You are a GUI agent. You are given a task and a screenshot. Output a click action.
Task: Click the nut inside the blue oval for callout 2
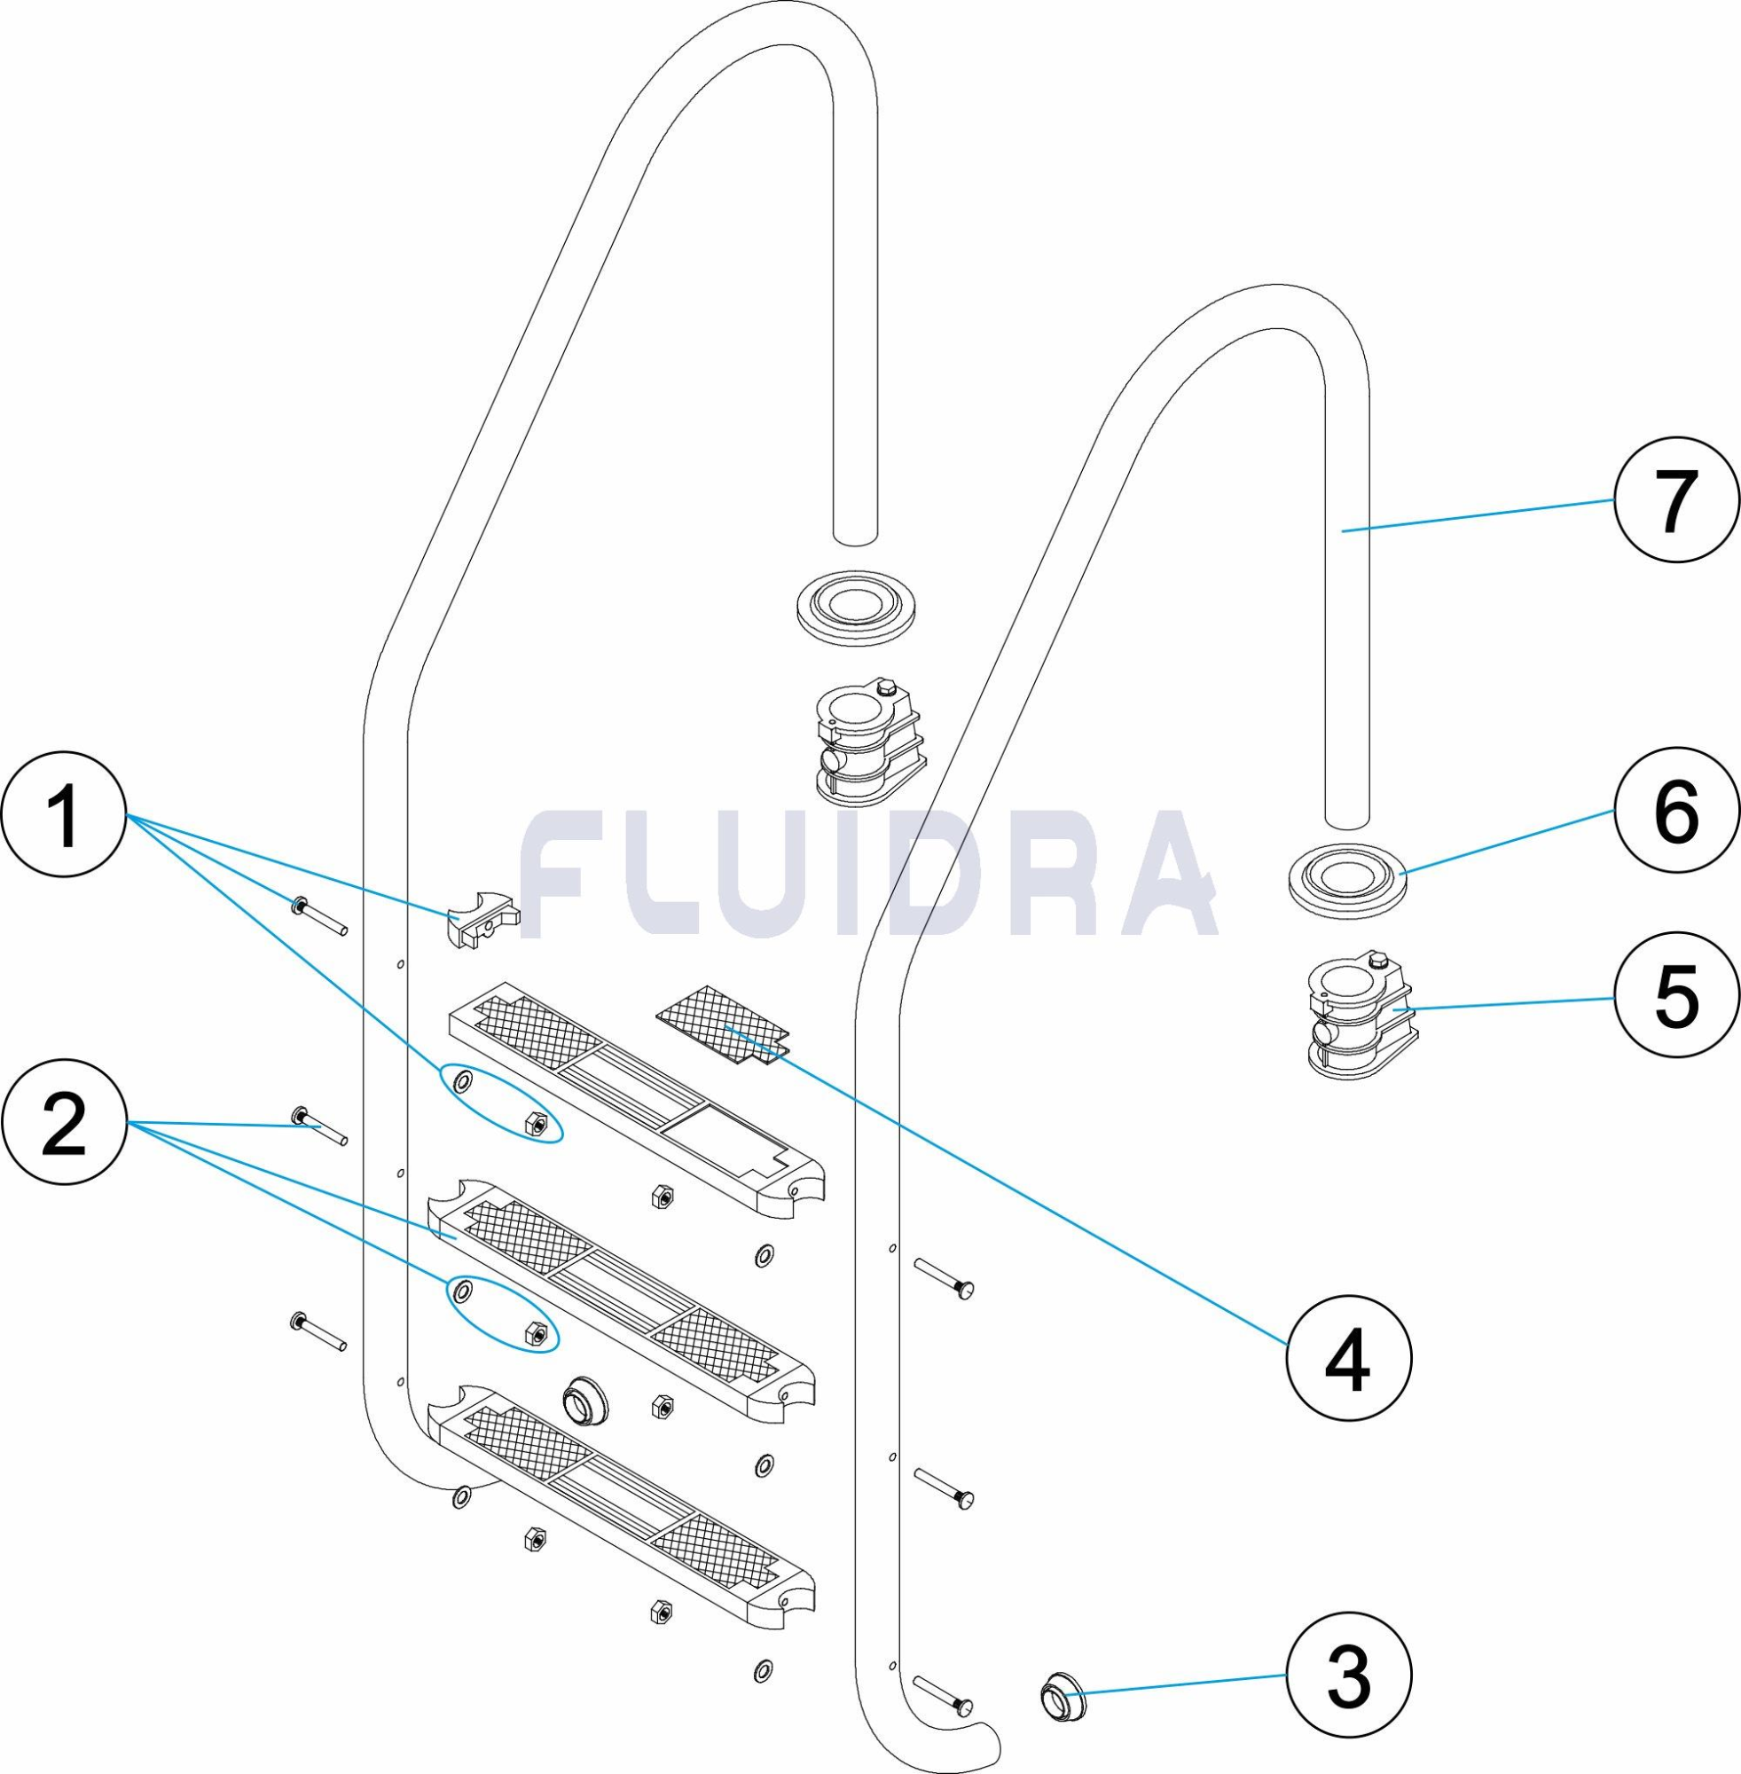pyautogui.click(x=536, y=1334)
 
